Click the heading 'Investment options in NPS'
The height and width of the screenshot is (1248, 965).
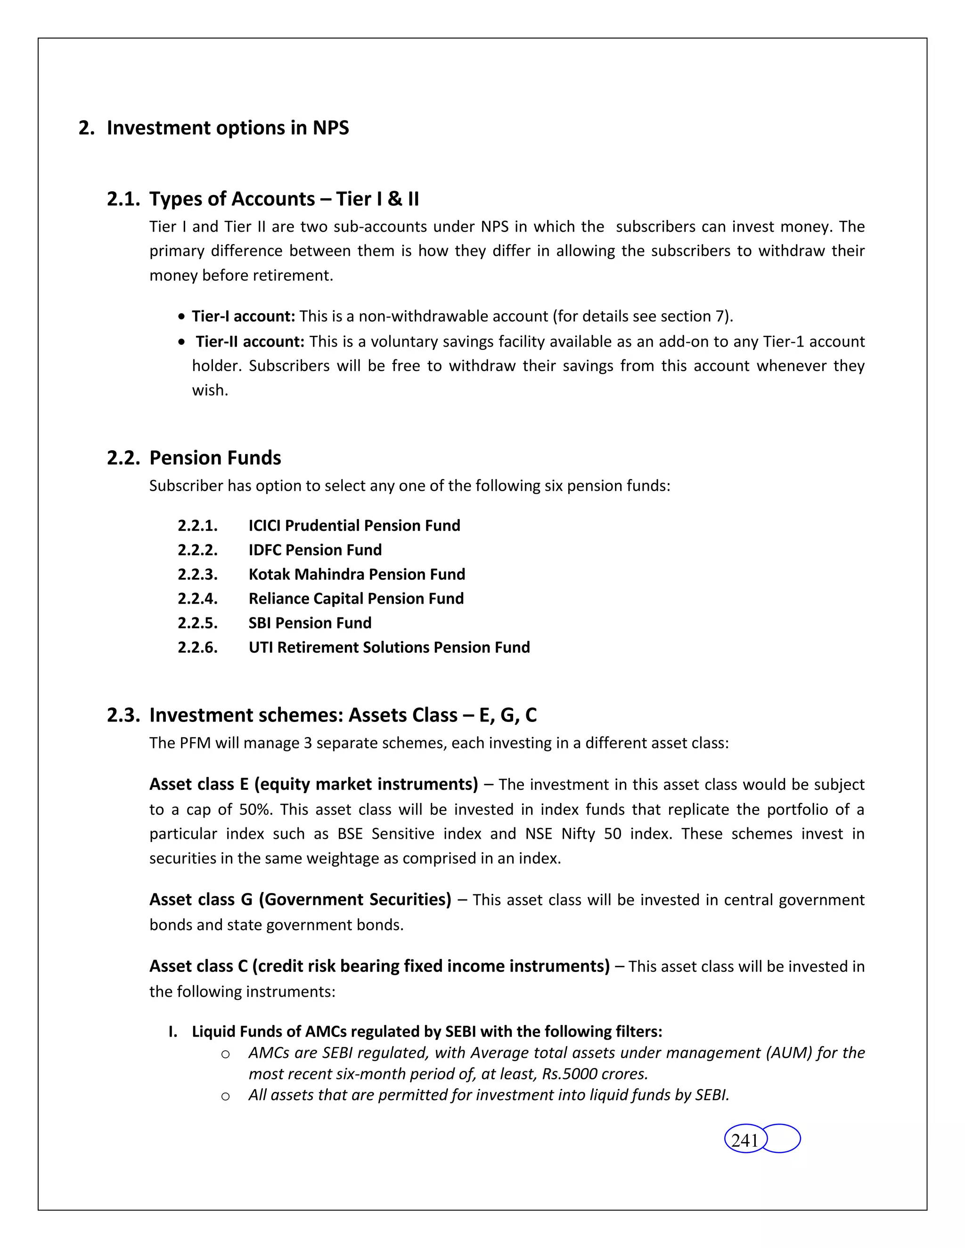[228, 128]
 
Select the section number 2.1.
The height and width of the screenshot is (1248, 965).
[123, 199]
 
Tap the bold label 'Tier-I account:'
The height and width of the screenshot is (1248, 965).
[243, 316]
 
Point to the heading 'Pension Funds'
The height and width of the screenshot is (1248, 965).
[215, 458]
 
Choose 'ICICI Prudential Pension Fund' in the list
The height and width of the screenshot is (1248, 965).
[354, 525]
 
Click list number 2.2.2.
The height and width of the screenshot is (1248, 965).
[197, 550]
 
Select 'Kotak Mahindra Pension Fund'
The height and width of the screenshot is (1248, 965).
[357, 574]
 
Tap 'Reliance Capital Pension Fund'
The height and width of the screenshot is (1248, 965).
[356, 598]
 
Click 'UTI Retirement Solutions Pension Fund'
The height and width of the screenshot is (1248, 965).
[389, 647]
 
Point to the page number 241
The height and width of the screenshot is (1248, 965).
[744, 1140]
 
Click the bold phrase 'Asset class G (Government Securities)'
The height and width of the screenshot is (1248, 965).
[300, 900]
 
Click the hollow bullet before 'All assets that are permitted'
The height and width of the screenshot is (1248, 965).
[225, 1096]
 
